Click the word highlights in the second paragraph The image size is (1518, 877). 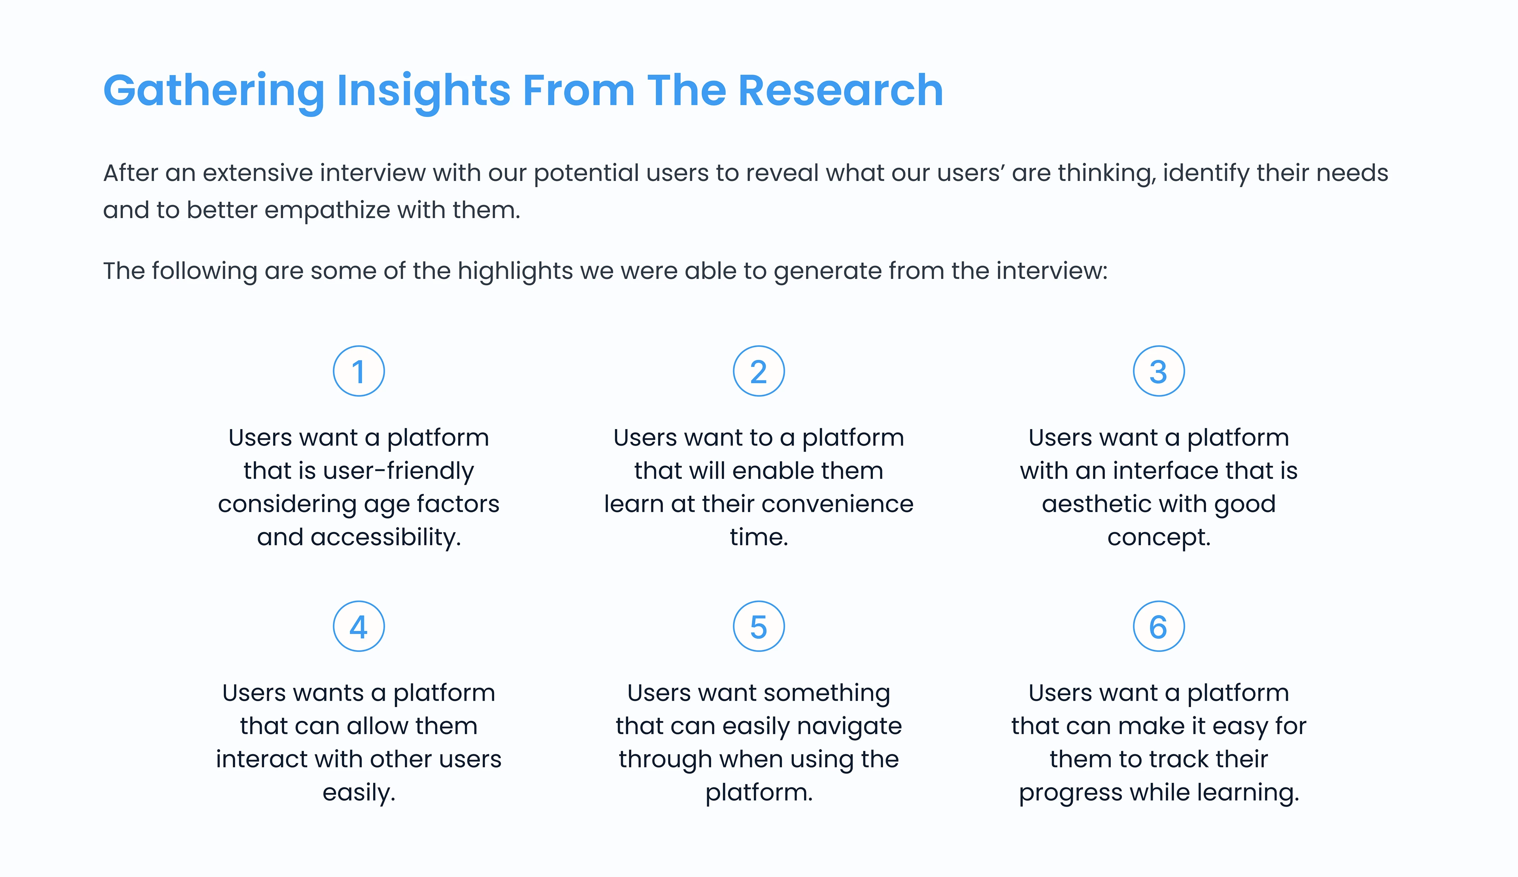tap(515, 271)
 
